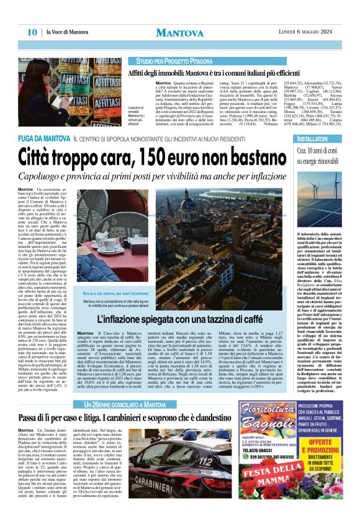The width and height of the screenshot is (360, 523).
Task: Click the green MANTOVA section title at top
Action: pos(179,32)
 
